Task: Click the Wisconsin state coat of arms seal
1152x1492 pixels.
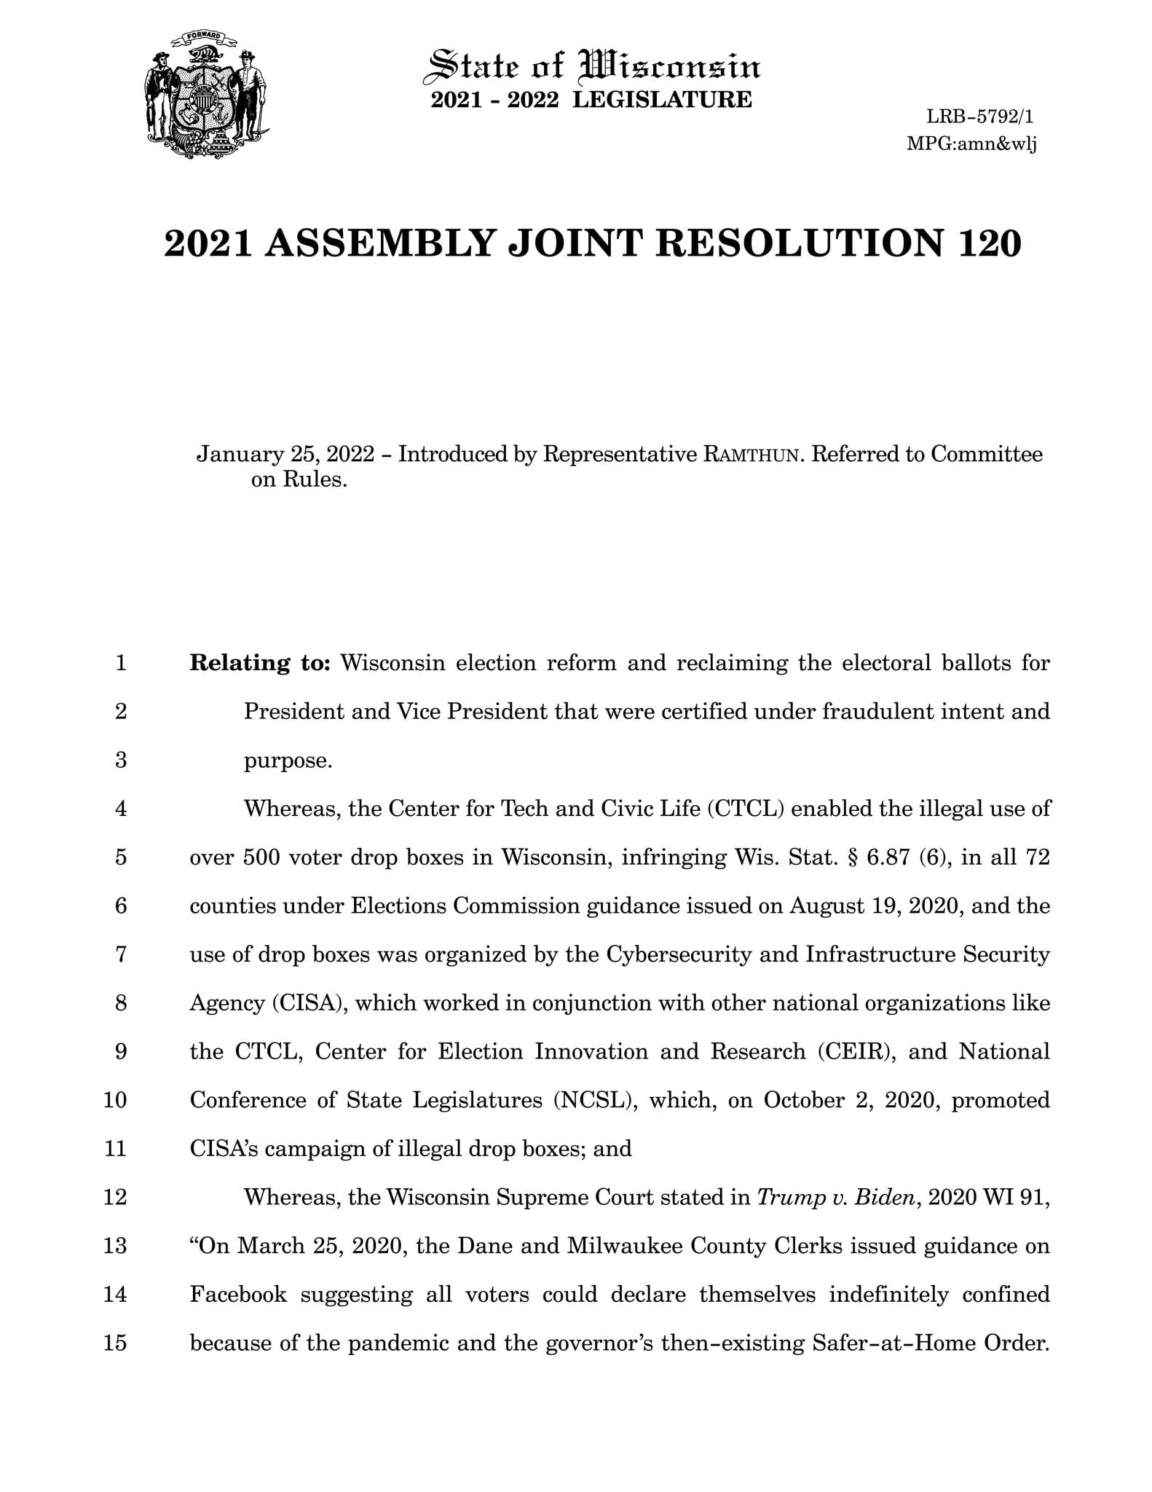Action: point(207,95)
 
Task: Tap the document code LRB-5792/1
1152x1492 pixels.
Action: point(980,117)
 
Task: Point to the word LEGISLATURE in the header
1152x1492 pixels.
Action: point(662,100)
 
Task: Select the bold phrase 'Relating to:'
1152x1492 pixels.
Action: point(260,663)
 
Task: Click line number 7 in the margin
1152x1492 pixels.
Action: point(122,954)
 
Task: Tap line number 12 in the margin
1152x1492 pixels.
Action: point(116,1197)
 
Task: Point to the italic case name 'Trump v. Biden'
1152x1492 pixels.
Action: point(835,1197)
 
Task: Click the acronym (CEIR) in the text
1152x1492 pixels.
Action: point(856,1052)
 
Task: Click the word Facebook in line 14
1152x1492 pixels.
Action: point(238,1295)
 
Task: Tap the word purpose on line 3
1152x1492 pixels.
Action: point(288,761)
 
